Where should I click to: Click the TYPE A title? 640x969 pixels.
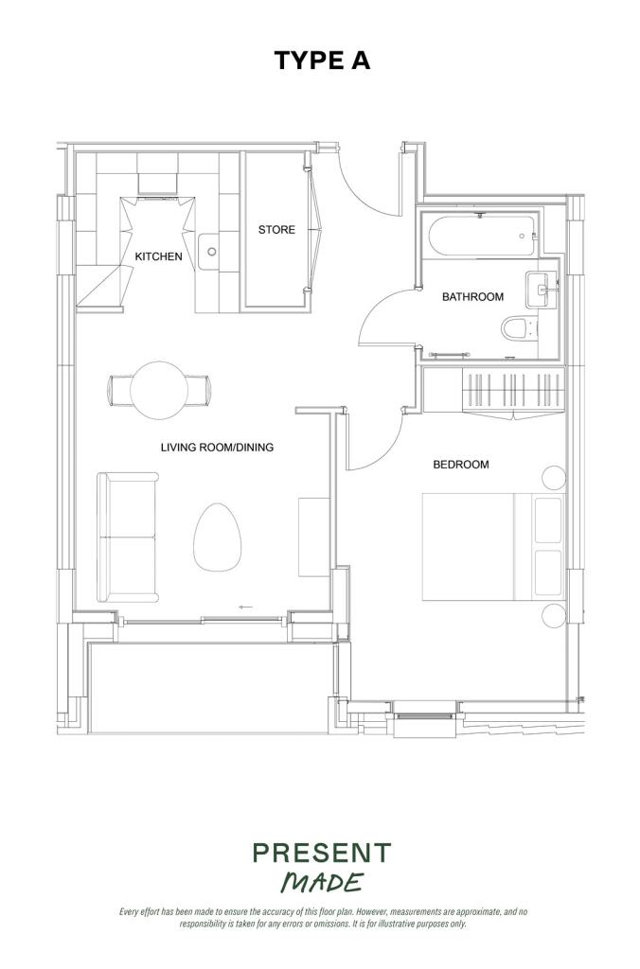click(x=322, y=61)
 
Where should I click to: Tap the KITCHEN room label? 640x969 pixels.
click(x=158, y=256)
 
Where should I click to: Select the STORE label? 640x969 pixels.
click(x=276, y=230)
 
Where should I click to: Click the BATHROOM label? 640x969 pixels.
click(x=472, y=297)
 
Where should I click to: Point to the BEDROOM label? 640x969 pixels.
click(x=461, y=465)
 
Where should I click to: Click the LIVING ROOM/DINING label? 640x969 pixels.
click(x=217, y=448)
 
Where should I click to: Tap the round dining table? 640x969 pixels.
click(x=159, y=391)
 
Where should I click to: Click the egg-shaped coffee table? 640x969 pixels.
click(x=217, y=537)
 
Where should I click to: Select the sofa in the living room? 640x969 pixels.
click(x=128, y=537)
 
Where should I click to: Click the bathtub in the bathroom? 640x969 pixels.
click(x=482, y=236)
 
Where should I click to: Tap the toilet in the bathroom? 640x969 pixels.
click(x=519, y=328)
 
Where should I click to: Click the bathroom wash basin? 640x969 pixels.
click(x=542, y=290)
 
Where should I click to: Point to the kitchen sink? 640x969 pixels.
click(x=209, y=252)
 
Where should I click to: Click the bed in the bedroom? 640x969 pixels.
click(x=493, y=546)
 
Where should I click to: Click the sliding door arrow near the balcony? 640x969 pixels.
click(x=245, y=608)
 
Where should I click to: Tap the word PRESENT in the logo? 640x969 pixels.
click(x=322, y=854)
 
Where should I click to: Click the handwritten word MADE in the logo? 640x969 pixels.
click(x=322, y=882)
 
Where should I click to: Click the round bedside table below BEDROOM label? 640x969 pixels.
click(x=554, y=478)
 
